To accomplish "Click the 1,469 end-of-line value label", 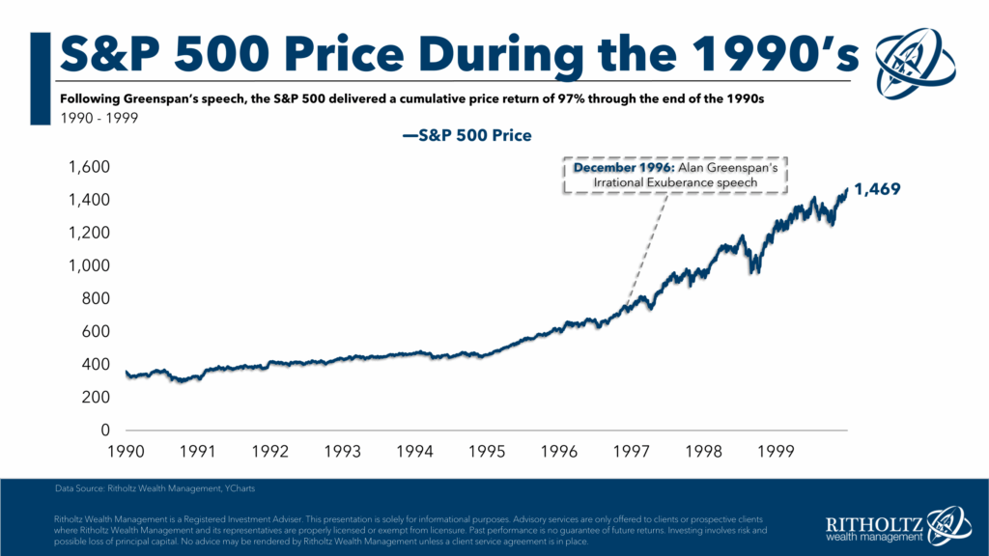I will click(876, 190).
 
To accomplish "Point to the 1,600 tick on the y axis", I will click(90, 167).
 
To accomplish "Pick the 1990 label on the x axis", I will click(126, 451).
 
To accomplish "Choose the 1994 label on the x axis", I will click(415, 451).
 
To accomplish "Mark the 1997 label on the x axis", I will click(632, 451).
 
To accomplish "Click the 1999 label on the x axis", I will click(777, 451).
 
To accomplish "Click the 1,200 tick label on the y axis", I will click(90, 233).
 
